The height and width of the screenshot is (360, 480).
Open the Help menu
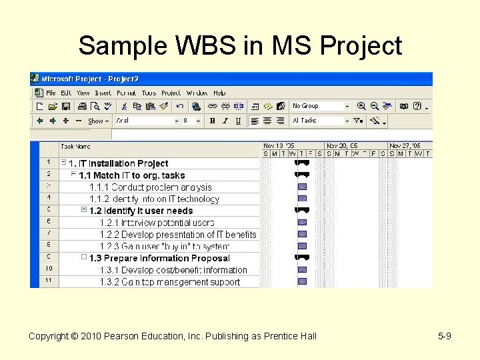[x=219, y=93]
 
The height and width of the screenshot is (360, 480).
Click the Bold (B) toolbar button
[x=212, y=121]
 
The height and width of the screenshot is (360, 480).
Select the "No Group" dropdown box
[x=320, y=106]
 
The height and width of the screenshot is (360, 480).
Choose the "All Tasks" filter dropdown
[x=320, y=121]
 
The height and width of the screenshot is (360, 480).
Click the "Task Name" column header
[x=75, y=146]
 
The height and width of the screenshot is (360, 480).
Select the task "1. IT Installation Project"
[x=118, y=163]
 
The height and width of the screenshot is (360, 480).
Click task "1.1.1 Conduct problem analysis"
[x=150, y=187]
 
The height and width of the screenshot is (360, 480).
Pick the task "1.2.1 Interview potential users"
[x=157, y=223]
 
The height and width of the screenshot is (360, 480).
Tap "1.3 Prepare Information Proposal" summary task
[x=159, y=258]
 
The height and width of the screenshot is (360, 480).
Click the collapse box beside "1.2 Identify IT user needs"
[x=84, y=210]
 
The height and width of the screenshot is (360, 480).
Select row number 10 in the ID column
[x=48, y=269]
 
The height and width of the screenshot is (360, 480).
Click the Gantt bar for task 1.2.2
[x=302, y=235]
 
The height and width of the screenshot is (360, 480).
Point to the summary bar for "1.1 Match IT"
[x=302, y=175]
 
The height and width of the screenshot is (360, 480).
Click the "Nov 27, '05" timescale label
[x=405, y=145]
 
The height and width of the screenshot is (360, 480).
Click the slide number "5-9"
[x=445, y=336]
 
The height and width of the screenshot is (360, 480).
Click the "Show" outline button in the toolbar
[x=96, y=121]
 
